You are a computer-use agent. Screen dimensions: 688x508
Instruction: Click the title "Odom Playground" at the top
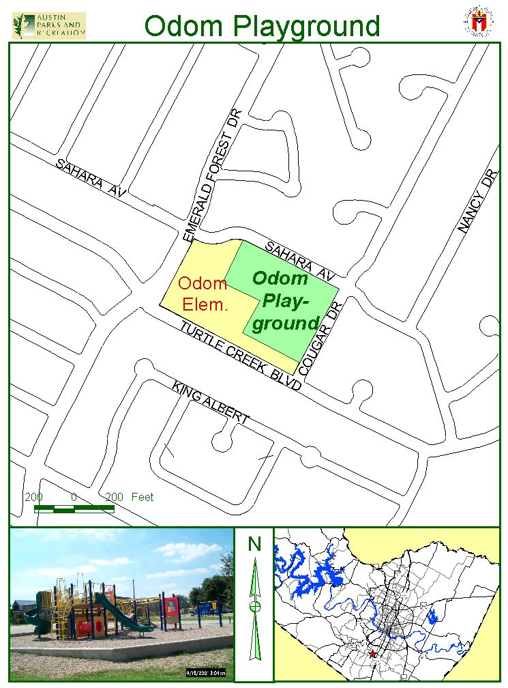[263, 26]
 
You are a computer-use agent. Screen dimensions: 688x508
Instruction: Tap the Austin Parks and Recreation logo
[49, 25]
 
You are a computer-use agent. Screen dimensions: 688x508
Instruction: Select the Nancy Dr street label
[478, 202]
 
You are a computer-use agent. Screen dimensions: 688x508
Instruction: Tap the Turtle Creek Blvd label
[240, 355]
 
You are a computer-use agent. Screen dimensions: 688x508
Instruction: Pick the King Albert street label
[211, 403]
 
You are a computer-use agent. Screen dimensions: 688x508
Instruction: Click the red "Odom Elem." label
[203, 294]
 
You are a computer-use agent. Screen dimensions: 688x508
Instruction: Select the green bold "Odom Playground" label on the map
[282, 300]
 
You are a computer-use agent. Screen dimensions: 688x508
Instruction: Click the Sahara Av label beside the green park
[300, 261]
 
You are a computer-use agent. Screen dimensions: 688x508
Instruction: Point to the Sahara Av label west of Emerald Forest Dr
[91, 179]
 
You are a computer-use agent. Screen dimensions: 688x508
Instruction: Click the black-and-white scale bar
[74, 508]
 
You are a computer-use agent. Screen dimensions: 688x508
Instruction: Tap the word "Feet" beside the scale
[143, 497]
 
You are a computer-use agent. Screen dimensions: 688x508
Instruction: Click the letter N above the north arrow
[254, 544]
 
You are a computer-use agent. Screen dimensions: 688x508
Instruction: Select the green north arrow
[255, 607]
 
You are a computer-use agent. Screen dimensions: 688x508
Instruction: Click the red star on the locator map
[372, 654]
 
